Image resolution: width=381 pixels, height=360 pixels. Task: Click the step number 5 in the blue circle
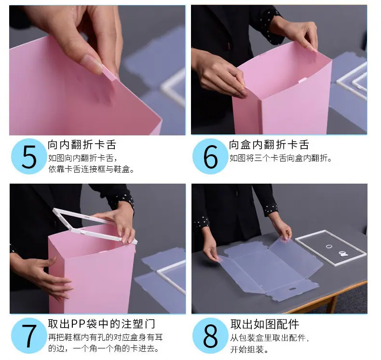pyautogui.click(x=29, y=157)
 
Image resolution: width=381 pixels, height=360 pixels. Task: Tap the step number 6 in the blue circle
pyautogui.click(x=210, y=157)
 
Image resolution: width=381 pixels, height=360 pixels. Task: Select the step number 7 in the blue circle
pyautogui.click(x=29, y=336)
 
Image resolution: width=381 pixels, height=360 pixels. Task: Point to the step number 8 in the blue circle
pyautogui.click(x=210, y=336)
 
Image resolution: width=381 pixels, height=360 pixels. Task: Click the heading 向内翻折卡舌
pyautogui.click(x=82, y=145)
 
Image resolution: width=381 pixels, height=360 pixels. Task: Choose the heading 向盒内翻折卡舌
pyautogui.click(x=269, y=145)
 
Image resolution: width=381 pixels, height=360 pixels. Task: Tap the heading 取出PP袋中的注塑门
pyautogui.click(x=102, y=324)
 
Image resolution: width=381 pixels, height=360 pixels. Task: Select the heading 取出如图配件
pyautogui.click(x=265, y=324)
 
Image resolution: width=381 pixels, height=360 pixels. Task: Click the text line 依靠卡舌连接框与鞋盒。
pyautogui.click(x=91, y=169)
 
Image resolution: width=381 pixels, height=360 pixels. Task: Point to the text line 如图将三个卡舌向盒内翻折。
pyautogui.click(x=281, y=158)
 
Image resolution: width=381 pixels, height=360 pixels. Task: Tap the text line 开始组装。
pyautogui.click(x=249, y=349)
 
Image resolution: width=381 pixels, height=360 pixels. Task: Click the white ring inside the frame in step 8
pyautogui.click(x=329, y=246)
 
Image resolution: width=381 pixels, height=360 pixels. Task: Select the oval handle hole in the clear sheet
pyautogui.click(x=292, y=289)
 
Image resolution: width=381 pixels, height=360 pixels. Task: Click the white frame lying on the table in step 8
pyautogui.click(x=331, y=248)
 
